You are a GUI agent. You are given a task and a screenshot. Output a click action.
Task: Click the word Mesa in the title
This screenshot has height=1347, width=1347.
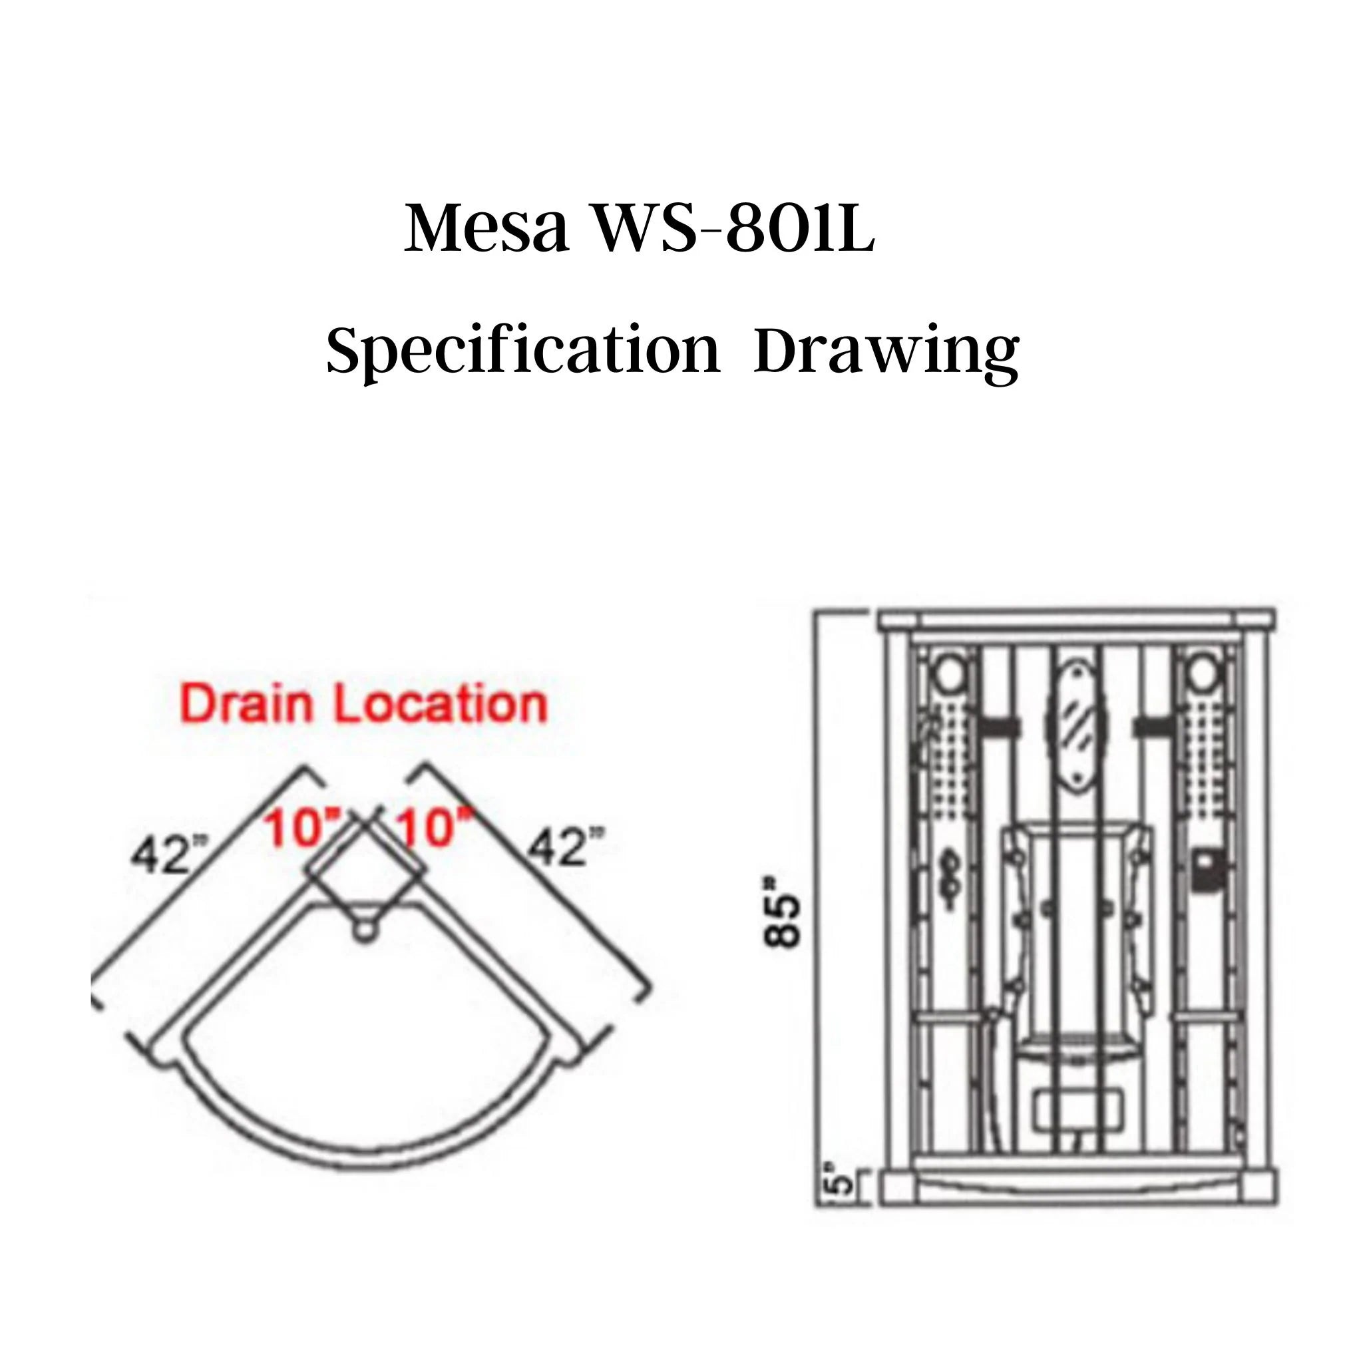[486, 230]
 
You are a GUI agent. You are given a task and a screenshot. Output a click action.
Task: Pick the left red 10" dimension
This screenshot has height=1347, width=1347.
[301, 830]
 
